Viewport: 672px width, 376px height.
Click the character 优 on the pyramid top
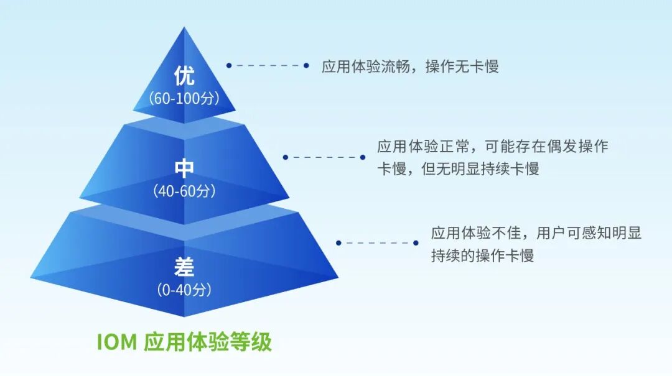coord(184,76)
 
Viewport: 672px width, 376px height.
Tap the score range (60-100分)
coord(185,98)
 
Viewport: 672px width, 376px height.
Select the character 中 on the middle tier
coord(184,169)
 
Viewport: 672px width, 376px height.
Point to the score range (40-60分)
coord(185,191)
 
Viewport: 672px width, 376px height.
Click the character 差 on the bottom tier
coord(184,267)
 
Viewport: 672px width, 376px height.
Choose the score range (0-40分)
coord(184,290)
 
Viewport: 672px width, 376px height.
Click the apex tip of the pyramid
coord(184,29)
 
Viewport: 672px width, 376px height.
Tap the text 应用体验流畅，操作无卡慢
coord(410,66)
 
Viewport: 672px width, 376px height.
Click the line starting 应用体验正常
coord(492,147)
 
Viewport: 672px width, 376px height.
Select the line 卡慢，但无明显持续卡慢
coord(457,169)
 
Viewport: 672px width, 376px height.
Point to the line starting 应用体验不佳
coord(536,234)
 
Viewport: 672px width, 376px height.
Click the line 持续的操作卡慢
coord(482,255)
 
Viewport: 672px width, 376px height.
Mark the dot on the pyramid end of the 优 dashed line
coord(229,65)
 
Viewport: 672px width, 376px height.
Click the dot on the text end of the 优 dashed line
coord(306,65)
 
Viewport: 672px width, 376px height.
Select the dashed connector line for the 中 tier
coord(324,157)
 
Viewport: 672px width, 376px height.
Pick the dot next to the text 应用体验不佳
coord(416,243)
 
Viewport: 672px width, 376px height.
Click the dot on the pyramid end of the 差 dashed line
coord(338,243)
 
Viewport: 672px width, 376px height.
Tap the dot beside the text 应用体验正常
coord(362,157)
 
